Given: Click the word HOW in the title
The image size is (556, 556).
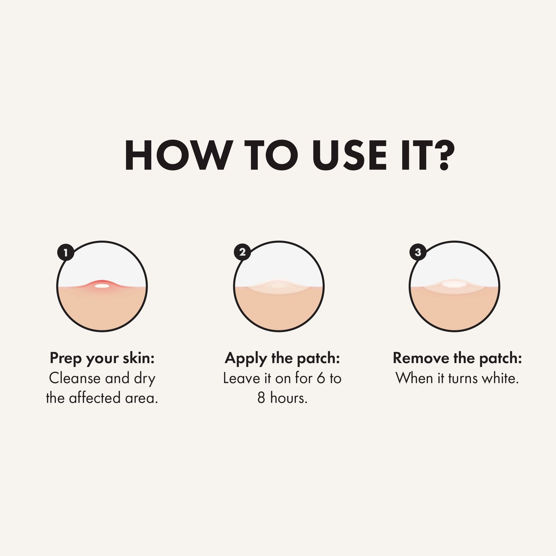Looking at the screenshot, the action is (179, 155).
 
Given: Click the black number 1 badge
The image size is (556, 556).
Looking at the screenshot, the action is (66, 253).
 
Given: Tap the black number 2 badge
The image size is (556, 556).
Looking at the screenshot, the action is (242, 252).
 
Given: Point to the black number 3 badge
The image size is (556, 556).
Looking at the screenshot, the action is (418, 252).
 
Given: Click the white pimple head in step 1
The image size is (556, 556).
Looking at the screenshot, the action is (102, 286).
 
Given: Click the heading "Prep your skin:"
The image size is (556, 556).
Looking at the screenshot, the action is (102, 359).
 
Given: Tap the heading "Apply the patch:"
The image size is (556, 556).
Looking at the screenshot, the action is (282, 359).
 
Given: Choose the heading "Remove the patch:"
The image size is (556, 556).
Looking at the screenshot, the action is (457, 358).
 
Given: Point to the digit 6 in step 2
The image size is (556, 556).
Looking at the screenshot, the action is (321, 378).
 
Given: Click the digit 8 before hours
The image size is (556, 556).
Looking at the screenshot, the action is (261, 398).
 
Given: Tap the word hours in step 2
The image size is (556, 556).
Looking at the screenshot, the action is (289, 398).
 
